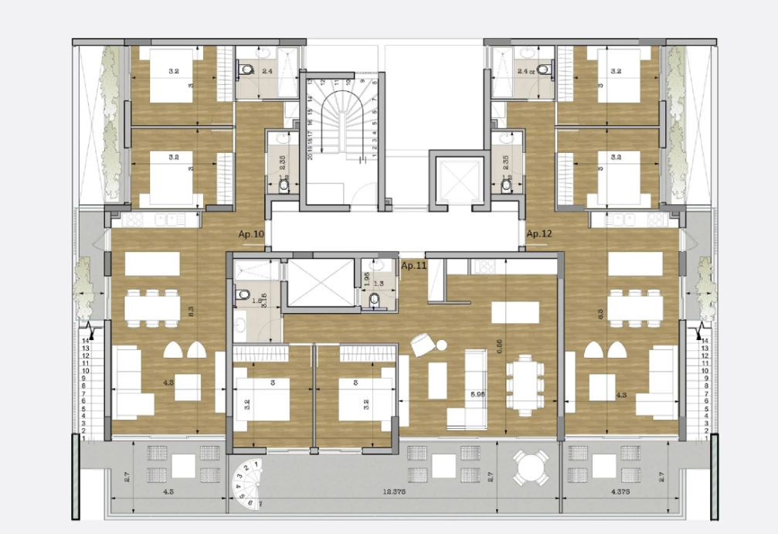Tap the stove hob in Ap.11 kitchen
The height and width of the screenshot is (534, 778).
pos(485,267)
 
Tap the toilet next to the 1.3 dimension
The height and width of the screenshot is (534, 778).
pos(374,299)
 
